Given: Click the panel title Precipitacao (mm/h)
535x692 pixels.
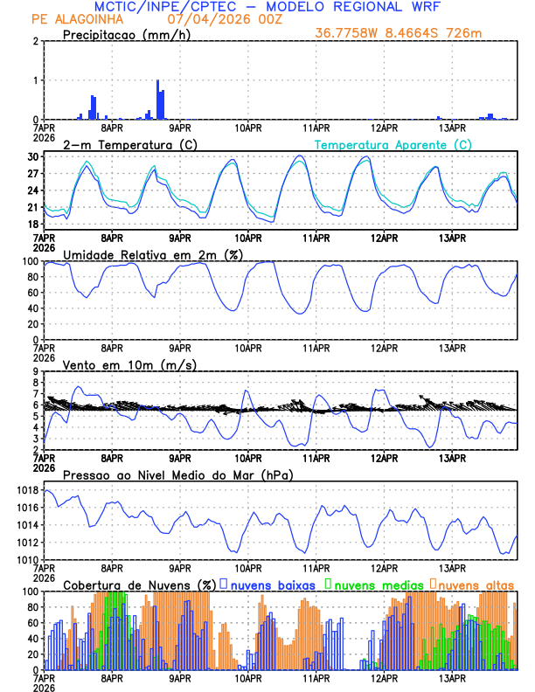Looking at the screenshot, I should coord(124,34).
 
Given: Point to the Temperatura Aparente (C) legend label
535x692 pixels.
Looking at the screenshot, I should coord(393,144).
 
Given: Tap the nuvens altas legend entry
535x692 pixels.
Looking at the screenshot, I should coord(475,584).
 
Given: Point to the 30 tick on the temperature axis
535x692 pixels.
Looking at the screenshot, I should coord(33,156).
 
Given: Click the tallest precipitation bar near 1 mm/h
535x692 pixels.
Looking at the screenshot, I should coord(157,99).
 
